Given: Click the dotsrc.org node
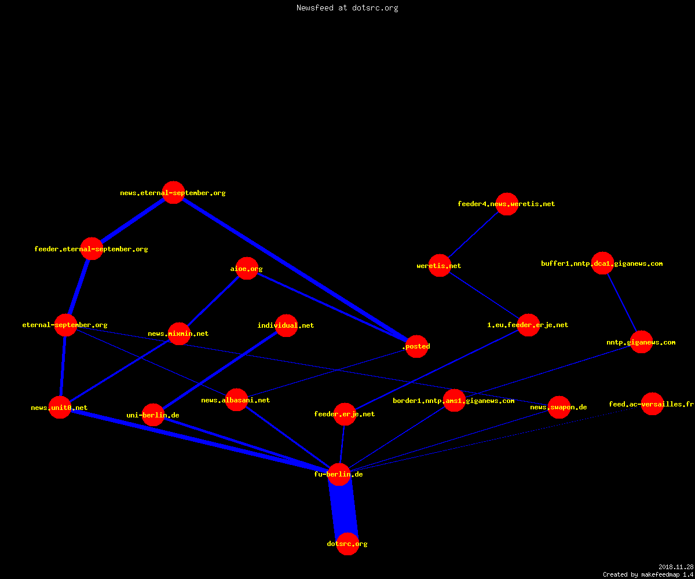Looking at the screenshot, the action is click(348, 544).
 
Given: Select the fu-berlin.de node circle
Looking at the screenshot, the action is click(339, 474).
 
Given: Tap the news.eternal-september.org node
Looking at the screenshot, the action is click(173, 193).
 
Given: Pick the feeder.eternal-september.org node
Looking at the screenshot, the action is click(92, 248).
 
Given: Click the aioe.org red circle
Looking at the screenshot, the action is click(247, 268).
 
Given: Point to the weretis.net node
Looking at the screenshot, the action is click(440, 266).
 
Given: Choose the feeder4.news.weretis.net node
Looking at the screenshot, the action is click(507, 204).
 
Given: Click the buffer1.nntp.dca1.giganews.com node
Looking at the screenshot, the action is click(602, 263).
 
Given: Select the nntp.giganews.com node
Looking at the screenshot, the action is click(641, 342).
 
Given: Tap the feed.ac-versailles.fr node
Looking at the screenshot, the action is click(652, 404).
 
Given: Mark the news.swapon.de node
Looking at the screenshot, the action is click(559, 407).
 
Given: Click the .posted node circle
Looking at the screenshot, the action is click(417, 346).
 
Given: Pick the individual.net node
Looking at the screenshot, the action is click(286, 325).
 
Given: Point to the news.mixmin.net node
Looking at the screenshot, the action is click(179, 334).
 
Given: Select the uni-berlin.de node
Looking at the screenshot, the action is click(153, 415).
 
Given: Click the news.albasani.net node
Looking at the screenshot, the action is click(236, 400).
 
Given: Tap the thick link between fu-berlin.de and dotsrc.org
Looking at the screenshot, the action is click(343, 509).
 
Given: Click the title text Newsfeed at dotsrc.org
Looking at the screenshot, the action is click(347, 8).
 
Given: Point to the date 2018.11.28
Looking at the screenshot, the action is click(676, 567).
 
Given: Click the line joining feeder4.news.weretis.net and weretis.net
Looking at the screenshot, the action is click(473, 234).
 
